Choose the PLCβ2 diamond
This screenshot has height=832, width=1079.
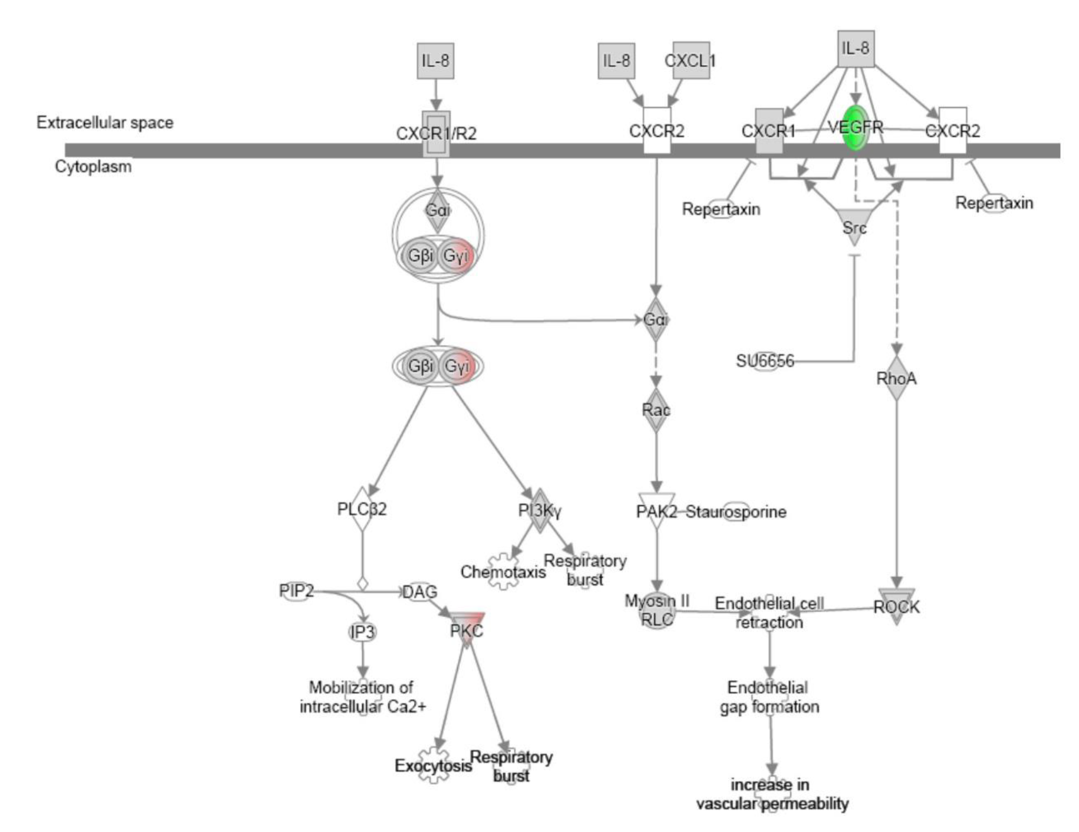click(362, 509)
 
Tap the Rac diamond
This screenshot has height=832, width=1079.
click(656, 410)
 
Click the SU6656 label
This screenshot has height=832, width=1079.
click(765, 361)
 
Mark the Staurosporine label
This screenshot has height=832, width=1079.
click(736, 512)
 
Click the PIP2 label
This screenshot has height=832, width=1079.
click(297, 590)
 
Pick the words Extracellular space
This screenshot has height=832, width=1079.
click(105, 123)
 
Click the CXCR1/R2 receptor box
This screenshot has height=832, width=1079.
click(436, 133)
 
